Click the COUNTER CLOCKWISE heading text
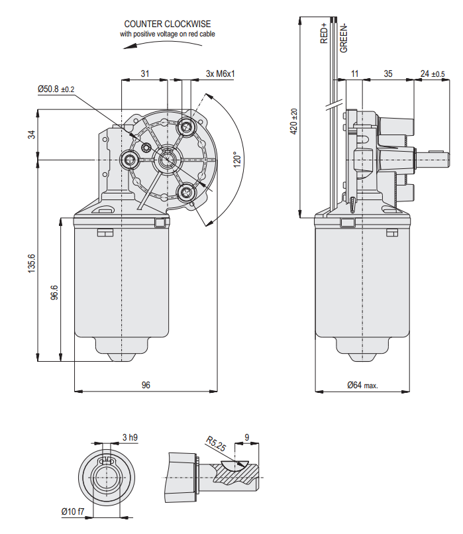pyautogui.click(x=167, y=24)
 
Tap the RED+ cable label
pyautogui.click(x=325, y=33)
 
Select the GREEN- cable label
pyautogui.click(x=343, y=37)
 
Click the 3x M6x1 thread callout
pyautogui.click(x=221, y=74)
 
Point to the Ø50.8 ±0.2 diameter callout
pyautogui.click(x=56, y=89)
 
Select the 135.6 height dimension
pyautogui.click(x=31, y=262)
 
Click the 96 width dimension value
pyautogui.click(x=146, y=384)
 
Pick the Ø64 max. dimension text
pyautogui.click(x=362, y=385)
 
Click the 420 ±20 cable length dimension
pyautogui.click(x=295, y=122)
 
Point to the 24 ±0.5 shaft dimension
pyautogui.click(x=433, y=74)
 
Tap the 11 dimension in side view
pyautogui.click(x=354, y=74)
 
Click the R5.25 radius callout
pyautogui.click(x=215, y=444)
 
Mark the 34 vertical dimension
pyautogui.click(x=31, y=134)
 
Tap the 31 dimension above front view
pyautogui.click(x=144, y=74)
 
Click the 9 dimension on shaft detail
pyautogui.click(x=247, y=437)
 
